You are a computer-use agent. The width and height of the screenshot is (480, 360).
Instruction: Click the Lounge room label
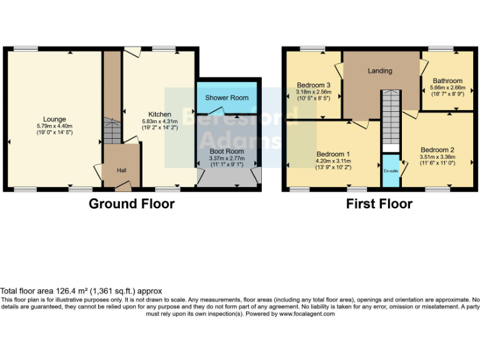[54, 119]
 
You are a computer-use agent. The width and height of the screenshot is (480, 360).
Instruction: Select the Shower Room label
[227, 97]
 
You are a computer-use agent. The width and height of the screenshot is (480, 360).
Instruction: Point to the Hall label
[122, 169]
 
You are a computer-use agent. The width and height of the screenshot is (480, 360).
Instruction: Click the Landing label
[379, 71]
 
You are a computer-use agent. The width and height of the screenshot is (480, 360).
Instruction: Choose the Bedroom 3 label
[314, 85]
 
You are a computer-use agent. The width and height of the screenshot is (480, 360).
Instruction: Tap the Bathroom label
[447, 81]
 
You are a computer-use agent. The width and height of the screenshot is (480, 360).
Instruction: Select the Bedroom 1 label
[333, 154]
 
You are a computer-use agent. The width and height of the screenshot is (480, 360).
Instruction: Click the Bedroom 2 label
[437, 149]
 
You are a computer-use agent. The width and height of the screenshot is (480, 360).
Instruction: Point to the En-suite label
[391, 169]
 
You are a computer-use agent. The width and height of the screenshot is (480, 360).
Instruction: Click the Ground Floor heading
[131, 204]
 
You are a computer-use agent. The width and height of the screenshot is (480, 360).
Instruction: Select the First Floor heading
[379, 204]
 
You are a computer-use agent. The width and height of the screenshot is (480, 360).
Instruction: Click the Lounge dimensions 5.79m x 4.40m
[54, 126]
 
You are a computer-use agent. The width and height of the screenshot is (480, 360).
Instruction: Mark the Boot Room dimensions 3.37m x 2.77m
[226, 158]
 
